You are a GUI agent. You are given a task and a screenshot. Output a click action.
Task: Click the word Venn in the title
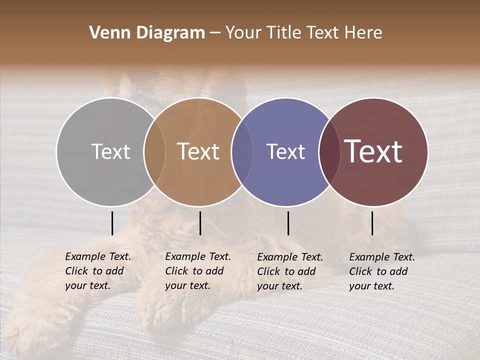pyautogui.click(x=106, y=33)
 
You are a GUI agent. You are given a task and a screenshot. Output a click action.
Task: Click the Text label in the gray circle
pyautogui.click(x=110, y=151)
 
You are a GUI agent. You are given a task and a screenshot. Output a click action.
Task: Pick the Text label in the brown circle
pyautogui.click(x=198, y=151)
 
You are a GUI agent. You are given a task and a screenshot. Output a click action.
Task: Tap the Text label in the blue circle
pyautogui.click(x=285, y=151)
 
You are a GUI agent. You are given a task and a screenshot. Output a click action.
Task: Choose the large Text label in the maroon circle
pyautogui.click(x=373, y=151)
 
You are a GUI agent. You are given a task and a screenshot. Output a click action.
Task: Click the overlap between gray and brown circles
pyautogui.click(x=154, y=151)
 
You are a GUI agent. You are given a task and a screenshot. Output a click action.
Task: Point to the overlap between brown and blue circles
pyautogui.click(x=242, y=151)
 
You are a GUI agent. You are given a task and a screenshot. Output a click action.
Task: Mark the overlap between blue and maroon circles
pyautogui.click(x=329, y=151)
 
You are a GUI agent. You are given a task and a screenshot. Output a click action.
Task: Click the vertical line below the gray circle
pyautogui.click(x=112, y=223)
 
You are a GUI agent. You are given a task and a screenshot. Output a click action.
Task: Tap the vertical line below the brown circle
pyautogui.click(x=200, y=223)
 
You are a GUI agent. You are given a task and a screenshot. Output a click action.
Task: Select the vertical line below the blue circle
pyautogui.click(x=288, y=223)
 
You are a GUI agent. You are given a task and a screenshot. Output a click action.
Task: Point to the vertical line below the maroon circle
pyautogui.click(x=372, y=223)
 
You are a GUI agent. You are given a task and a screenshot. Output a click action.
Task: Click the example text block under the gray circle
pyautogui.click(x=97, y=271)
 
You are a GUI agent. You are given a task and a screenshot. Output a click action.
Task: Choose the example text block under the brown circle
pyautogui.click(x=197, y=271)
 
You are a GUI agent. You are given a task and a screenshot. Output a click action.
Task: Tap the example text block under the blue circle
pyautogui.click(x=289, y=271)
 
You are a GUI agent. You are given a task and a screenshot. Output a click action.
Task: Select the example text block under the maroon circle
pyautogui.click(x=381, y=271)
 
